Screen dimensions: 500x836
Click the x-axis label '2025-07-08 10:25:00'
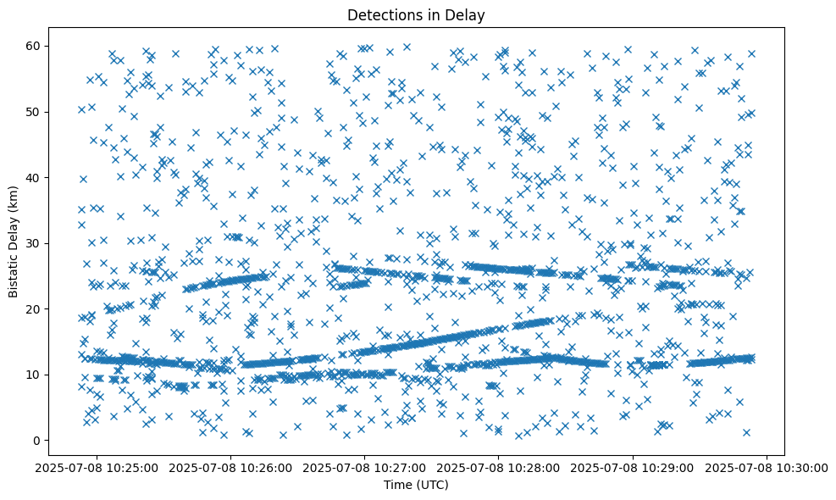(96, 467)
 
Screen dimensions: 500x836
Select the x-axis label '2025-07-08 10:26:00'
(230, 467)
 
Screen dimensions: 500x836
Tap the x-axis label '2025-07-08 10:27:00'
(363, 467)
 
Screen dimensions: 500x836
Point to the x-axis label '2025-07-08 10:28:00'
(497, 467)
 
